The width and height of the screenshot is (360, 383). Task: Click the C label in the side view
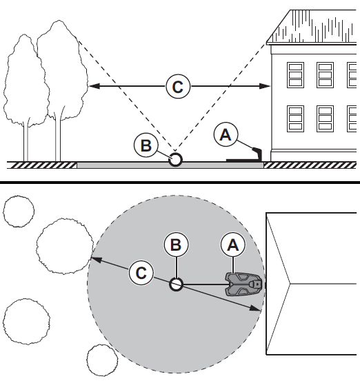(x=178, y=87)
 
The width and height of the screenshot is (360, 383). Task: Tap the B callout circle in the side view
(x=146, y=145)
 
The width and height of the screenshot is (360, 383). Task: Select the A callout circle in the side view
(x=226, y=134)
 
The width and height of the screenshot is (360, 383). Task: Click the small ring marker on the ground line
(x=176, y=160)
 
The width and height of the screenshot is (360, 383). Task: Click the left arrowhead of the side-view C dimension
(x=94, y=86)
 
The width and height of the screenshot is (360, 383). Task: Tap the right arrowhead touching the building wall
(x=264, y=86)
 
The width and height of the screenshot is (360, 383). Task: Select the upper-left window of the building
(x=295, y=75)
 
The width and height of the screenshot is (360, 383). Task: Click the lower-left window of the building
(x=295, y=118)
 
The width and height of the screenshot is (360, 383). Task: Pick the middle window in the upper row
(x=325, y=75)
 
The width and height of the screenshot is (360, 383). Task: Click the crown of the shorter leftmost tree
(x=26, y=81)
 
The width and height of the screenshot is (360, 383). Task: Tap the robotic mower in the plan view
(x=243, y=284)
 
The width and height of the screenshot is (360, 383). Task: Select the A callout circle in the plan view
(x=233, y=245)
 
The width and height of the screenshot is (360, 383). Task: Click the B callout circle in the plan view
(x=176, y=245)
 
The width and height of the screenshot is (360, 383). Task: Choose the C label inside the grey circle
(x=141, y=273)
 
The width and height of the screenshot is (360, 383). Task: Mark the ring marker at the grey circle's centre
(x=176, y=284)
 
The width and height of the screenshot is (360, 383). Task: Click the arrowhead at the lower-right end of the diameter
(x=255, y=308)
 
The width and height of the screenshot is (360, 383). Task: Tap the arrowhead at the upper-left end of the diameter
(x=97, y=260)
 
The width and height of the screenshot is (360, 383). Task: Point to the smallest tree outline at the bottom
(x=102, y=360)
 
